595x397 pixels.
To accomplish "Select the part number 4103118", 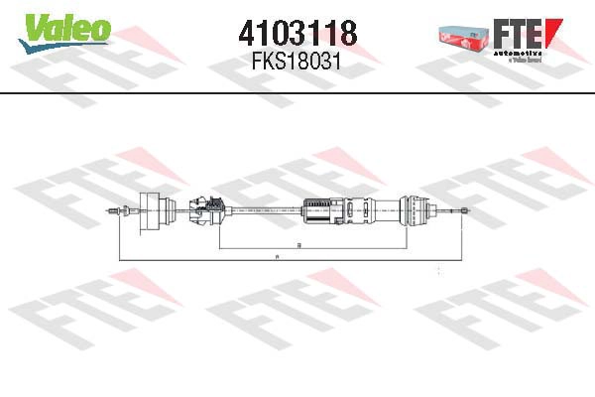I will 297,34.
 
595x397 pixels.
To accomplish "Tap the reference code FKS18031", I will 297,62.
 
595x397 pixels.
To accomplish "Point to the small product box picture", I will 464,34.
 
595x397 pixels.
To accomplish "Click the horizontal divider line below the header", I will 297,92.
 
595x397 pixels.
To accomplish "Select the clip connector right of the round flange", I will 204,209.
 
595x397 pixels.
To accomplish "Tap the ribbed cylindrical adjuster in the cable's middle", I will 318,210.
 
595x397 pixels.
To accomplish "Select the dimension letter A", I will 277,258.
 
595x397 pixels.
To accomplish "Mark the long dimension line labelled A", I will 198,261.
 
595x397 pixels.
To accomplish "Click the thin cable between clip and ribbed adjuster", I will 263,209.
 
